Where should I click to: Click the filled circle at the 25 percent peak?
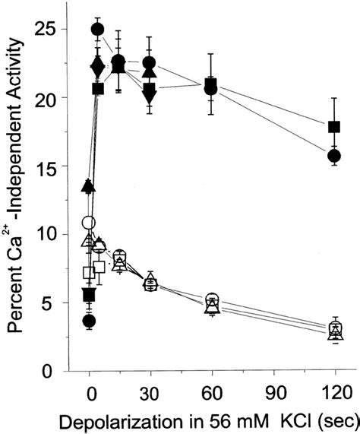(x=97, y=30)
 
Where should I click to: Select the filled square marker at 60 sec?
(x=212, y=84)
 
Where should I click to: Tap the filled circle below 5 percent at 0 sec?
(x=89, y=322)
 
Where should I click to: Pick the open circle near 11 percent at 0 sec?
(x=89, y=223)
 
